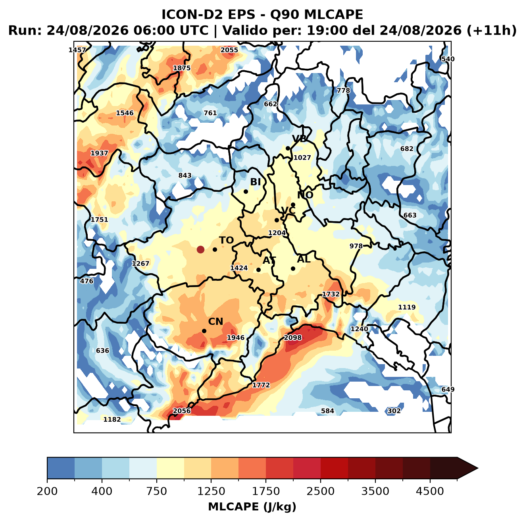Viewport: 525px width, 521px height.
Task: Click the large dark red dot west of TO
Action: point(200,249)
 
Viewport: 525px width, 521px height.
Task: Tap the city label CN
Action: point(215,322)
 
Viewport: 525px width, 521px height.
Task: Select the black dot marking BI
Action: point(246,192)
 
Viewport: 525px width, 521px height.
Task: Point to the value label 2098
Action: point(292,338)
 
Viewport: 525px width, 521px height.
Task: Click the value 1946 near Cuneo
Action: point(236,338)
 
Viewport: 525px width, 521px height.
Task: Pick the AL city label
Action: point(304,259)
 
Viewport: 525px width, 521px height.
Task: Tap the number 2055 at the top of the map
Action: point(229,50)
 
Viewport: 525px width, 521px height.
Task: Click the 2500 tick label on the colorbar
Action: point(320,491)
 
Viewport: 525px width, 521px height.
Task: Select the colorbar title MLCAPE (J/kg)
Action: point(252,507)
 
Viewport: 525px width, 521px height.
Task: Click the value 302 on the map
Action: point(394,411)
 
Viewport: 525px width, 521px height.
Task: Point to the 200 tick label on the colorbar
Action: point(47,491)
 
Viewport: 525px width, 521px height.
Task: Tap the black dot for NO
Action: point(293,205)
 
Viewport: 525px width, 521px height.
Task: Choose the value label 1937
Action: point(99,153)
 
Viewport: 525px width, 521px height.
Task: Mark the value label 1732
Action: point(331,294)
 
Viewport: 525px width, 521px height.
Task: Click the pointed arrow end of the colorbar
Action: point(478,469)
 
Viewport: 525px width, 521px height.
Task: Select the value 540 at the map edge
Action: point(448,59)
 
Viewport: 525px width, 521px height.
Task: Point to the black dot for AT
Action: point(259,270)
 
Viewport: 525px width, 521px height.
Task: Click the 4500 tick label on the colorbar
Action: point(430,491)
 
